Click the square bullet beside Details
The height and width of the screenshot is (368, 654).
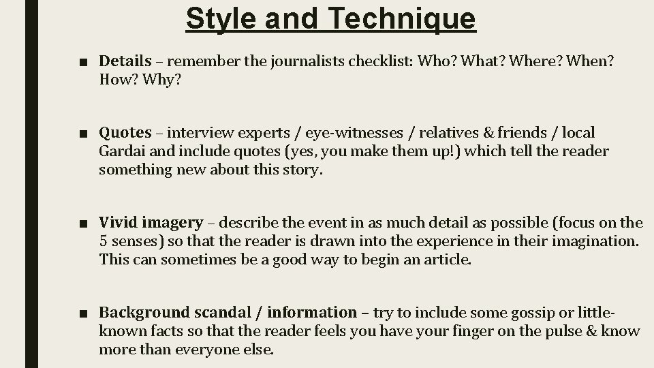click(82, 62)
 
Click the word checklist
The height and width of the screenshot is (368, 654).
click(381, 61)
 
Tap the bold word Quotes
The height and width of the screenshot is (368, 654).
click(125, 133)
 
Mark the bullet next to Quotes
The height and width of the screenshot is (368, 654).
click(82, 134)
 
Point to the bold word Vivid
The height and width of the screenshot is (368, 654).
click(119, 223)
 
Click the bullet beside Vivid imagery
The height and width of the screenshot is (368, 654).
click(82, 224)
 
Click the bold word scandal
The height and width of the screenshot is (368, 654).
click(224, 312)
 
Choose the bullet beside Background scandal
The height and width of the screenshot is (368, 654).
click(82, 313)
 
